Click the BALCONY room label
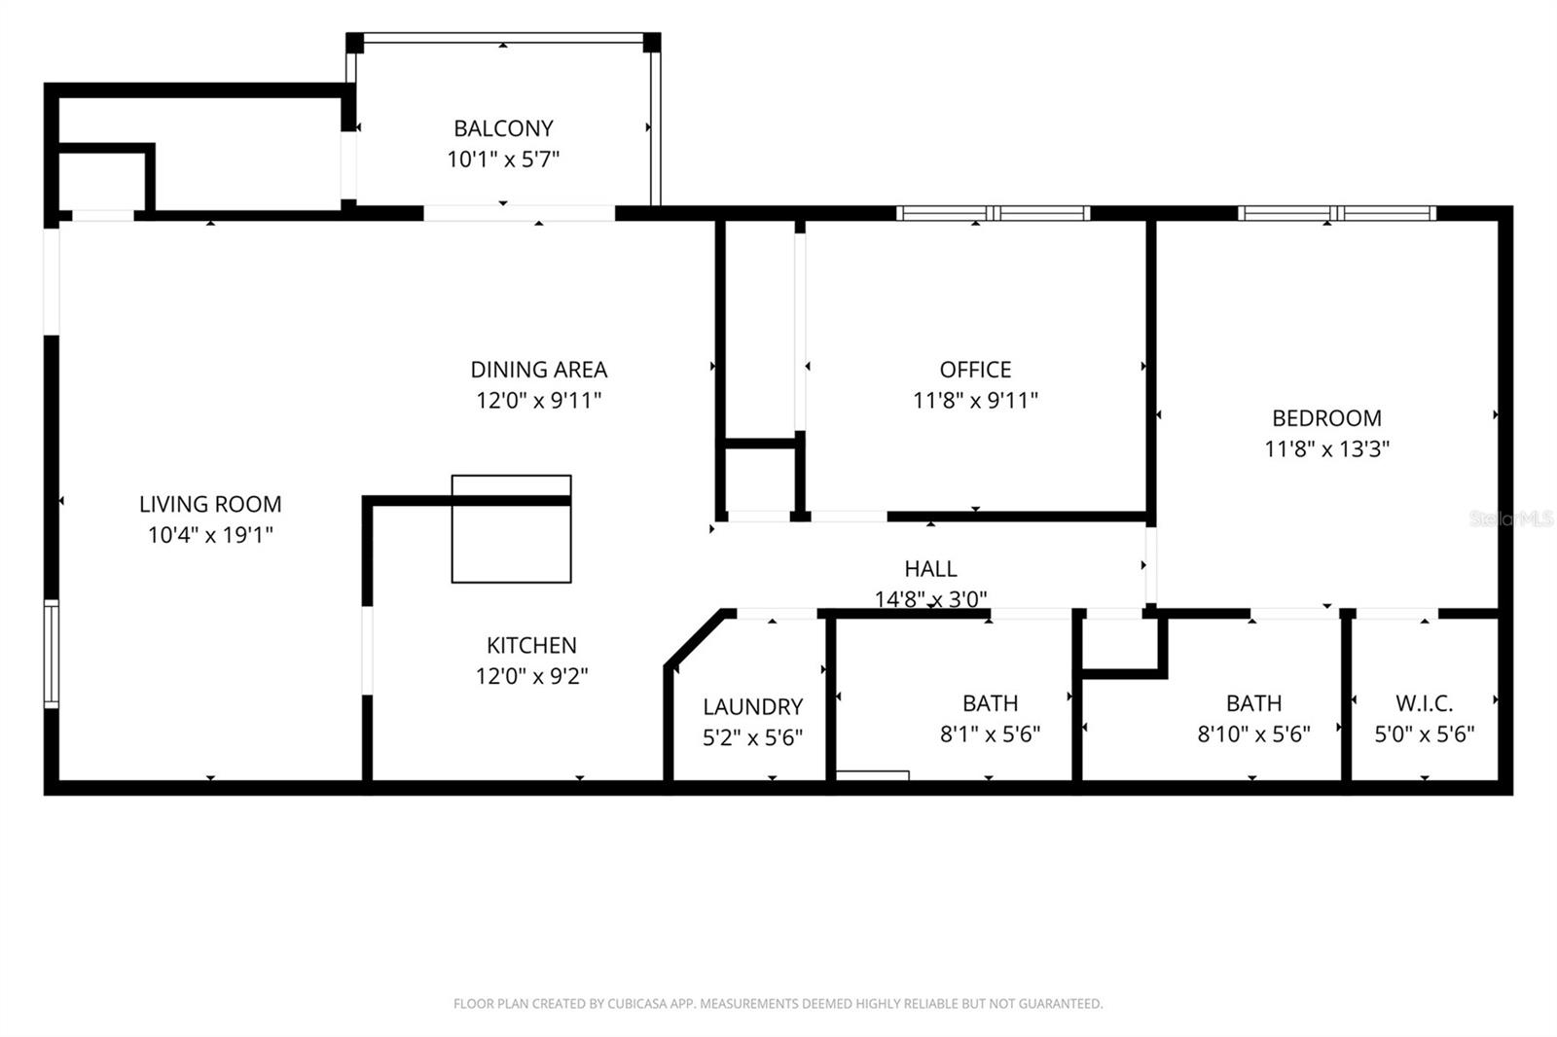pyautogui.click(x=503, y=128)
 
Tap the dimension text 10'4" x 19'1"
pyautogui.click(x=210, y=535)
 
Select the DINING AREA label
pyautogui.click(x=538, y=370)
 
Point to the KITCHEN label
pyautogui.click(x=531, y=645)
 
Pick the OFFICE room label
pyautogui.click(x=975, y=370)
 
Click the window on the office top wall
pyautogui.click(x=992, y=213)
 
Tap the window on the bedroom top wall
pyautogui.click(x=1336, y=213)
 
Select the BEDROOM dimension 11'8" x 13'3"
pyautogui.click(x=1326, y=449)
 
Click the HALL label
pyautogui.click(x=930, y=569)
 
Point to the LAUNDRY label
pyautogui.click(x=752, y=707)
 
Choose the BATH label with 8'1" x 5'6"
pyautogui.click(x=990, y=703)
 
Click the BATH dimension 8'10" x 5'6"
pyautogui.click(x=1253, y=734)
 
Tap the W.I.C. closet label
pyautogui.click(x=1424, y=703)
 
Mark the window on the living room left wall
pyautogui.click(x=52, y=652)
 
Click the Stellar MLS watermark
pyautogui.click(x=1510, y=519)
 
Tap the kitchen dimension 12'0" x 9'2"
pyautogui.click(x=531, y=676)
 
